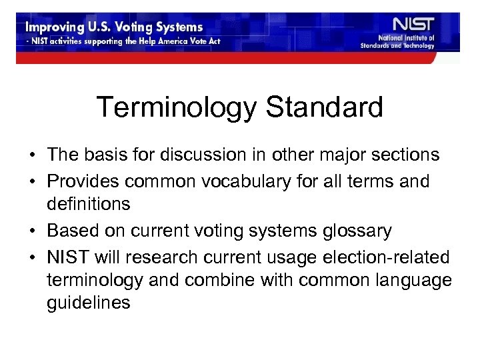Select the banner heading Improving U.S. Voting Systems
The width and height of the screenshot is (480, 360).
pyautogui.click(x=114, y=29)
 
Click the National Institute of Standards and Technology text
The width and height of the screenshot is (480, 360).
pyautogui.click(x=407, y=42)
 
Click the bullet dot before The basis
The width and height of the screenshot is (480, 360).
pyautogui.click(x=33, y=156)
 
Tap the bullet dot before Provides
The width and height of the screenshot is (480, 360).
pyautogui.click(x=33, y=180)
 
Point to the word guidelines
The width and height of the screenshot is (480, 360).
pyautogui.click(x=89, y=303)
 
